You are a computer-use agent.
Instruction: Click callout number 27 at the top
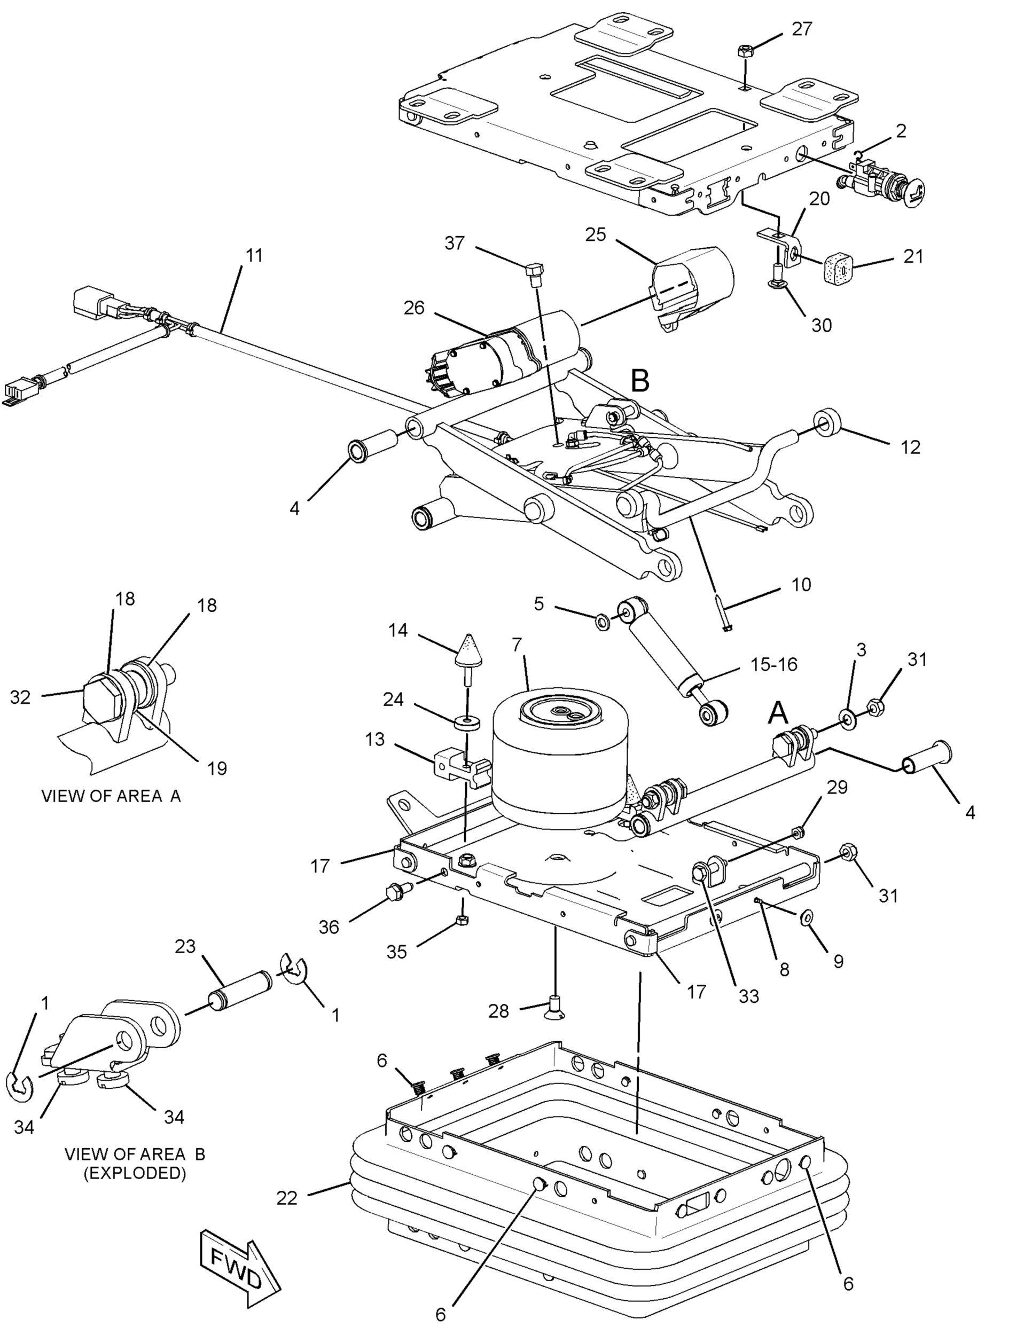802,29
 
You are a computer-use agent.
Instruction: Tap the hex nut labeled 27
744,51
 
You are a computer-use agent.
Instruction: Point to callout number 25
596,234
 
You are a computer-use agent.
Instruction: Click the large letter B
640,381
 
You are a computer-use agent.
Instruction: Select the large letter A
778,712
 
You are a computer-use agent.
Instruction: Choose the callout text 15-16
773,664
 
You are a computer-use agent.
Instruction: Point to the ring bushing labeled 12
828,421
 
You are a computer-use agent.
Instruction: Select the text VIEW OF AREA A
111,796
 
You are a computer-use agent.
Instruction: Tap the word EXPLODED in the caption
135,1173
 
